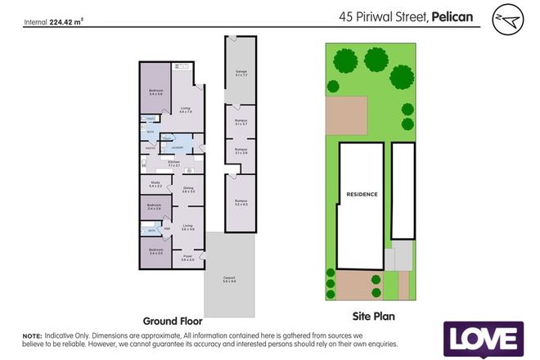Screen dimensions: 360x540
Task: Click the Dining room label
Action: click(x=187, y=190)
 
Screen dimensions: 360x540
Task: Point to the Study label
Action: click(x=155, y=185)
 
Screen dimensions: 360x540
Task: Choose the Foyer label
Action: click(x=187, y=259)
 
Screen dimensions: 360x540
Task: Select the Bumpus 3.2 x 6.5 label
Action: click(x=241, y=202)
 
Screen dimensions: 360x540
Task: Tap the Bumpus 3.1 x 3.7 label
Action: click(x=241, y=123)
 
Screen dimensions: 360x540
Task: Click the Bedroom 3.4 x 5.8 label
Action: click(x=155, y=92)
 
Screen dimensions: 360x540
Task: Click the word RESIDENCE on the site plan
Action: click(x=361, y=194)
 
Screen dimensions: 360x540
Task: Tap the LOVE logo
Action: click(x=483, y=339)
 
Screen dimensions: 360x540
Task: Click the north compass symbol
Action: click(x=504, y=18)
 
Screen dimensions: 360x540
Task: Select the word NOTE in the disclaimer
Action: click(x=32, y=336)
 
